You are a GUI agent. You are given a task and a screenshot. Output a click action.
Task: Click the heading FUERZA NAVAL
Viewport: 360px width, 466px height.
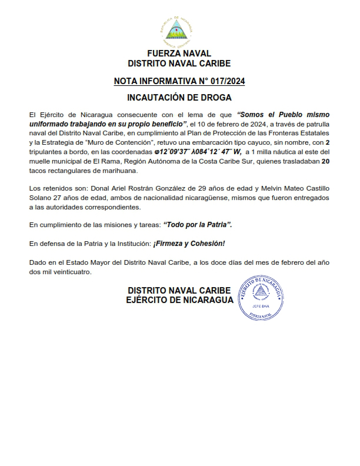click(x=179, y=54)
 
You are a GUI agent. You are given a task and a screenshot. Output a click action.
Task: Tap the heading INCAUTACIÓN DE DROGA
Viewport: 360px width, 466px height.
click(x=179, y=97)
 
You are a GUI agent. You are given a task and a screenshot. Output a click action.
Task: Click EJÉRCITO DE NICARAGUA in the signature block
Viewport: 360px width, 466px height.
click(x=179, y=300)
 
